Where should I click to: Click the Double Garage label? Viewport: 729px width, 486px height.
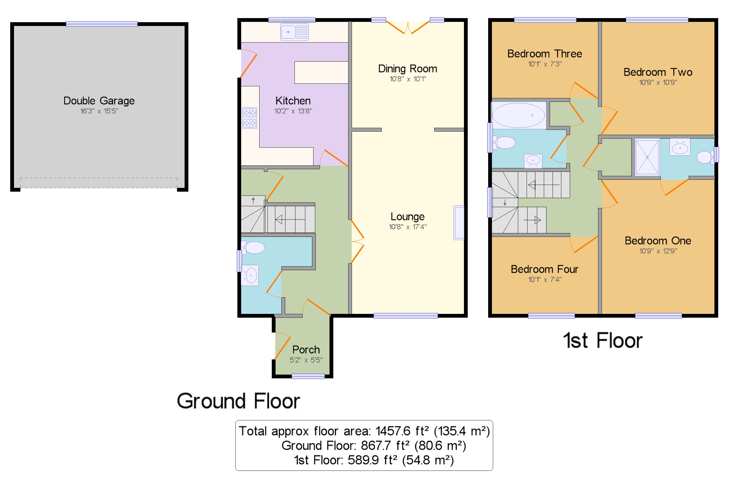(99, 101)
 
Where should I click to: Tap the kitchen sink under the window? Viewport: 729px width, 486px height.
(294, 32)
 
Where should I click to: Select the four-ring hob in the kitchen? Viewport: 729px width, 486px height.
(249, 118)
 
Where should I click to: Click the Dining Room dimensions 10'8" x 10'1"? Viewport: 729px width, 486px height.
(407, 79)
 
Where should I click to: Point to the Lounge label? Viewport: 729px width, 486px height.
(407, 216)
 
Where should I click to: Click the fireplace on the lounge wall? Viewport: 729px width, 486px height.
(459, 223)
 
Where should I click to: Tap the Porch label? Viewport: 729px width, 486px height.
(306, 349)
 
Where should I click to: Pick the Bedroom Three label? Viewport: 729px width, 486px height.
(544, 54)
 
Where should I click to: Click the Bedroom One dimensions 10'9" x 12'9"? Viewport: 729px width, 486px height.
(658, 251)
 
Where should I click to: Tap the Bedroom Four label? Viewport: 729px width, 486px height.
(544, 269)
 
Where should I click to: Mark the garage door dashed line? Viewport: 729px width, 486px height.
(99, 178)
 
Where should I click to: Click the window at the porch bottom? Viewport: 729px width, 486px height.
(308, 376)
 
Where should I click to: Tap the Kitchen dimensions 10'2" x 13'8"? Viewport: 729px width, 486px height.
(293, 111)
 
